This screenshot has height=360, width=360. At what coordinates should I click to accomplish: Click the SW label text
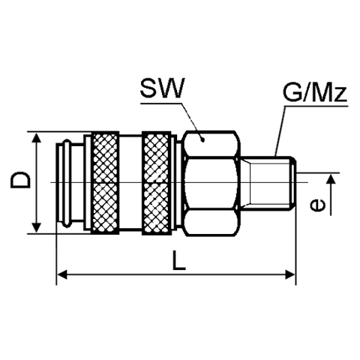(162, 88)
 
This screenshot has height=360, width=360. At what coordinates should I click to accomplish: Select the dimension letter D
(20, 179)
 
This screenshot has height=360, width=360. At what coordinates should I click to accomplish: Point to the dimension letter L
(179, 261)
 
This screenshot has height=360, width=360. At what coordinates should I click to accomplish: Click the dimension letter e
(318, 205)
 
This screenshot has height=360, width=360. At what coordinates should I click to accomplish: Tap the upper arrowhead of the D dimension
(37, 138)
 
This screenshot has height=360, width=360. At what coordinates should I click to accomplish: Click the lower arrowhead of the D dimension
(37, 227)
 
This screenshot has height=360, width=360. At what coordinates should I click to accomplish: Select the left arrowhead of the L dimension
(62, 274)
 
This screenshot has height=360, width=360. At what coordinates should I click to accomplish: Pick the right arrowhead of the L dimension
(290, 274)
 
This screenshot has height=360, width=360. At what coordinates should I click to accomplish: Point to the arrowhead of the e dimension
(331, 179)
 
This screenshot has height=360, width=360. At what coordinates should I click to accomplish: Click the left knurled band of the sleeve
(105, 183)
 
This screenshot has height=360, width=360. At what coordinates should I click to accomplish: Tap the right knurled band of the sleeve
(157, 183)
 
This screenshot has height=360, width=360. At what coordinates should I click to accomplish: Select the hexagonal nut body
(211, 184)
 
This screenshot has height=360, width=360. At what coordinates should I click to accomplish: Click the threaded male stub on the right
(268, 183)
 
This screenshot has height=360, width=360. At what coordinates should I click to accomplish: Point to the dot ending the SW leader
(203, 139)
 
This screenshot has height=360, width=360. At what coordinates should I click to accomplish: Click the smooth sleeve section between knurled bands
(130, 183)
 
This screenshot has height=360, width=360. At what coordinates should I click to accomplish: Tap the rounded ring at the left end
(66, 183)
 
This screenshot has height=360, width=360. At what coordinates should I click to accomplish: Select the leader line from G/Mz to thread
(280, 131)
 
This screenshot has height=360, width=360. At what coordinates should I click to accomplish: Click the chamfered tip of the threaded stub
(294, 183)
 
